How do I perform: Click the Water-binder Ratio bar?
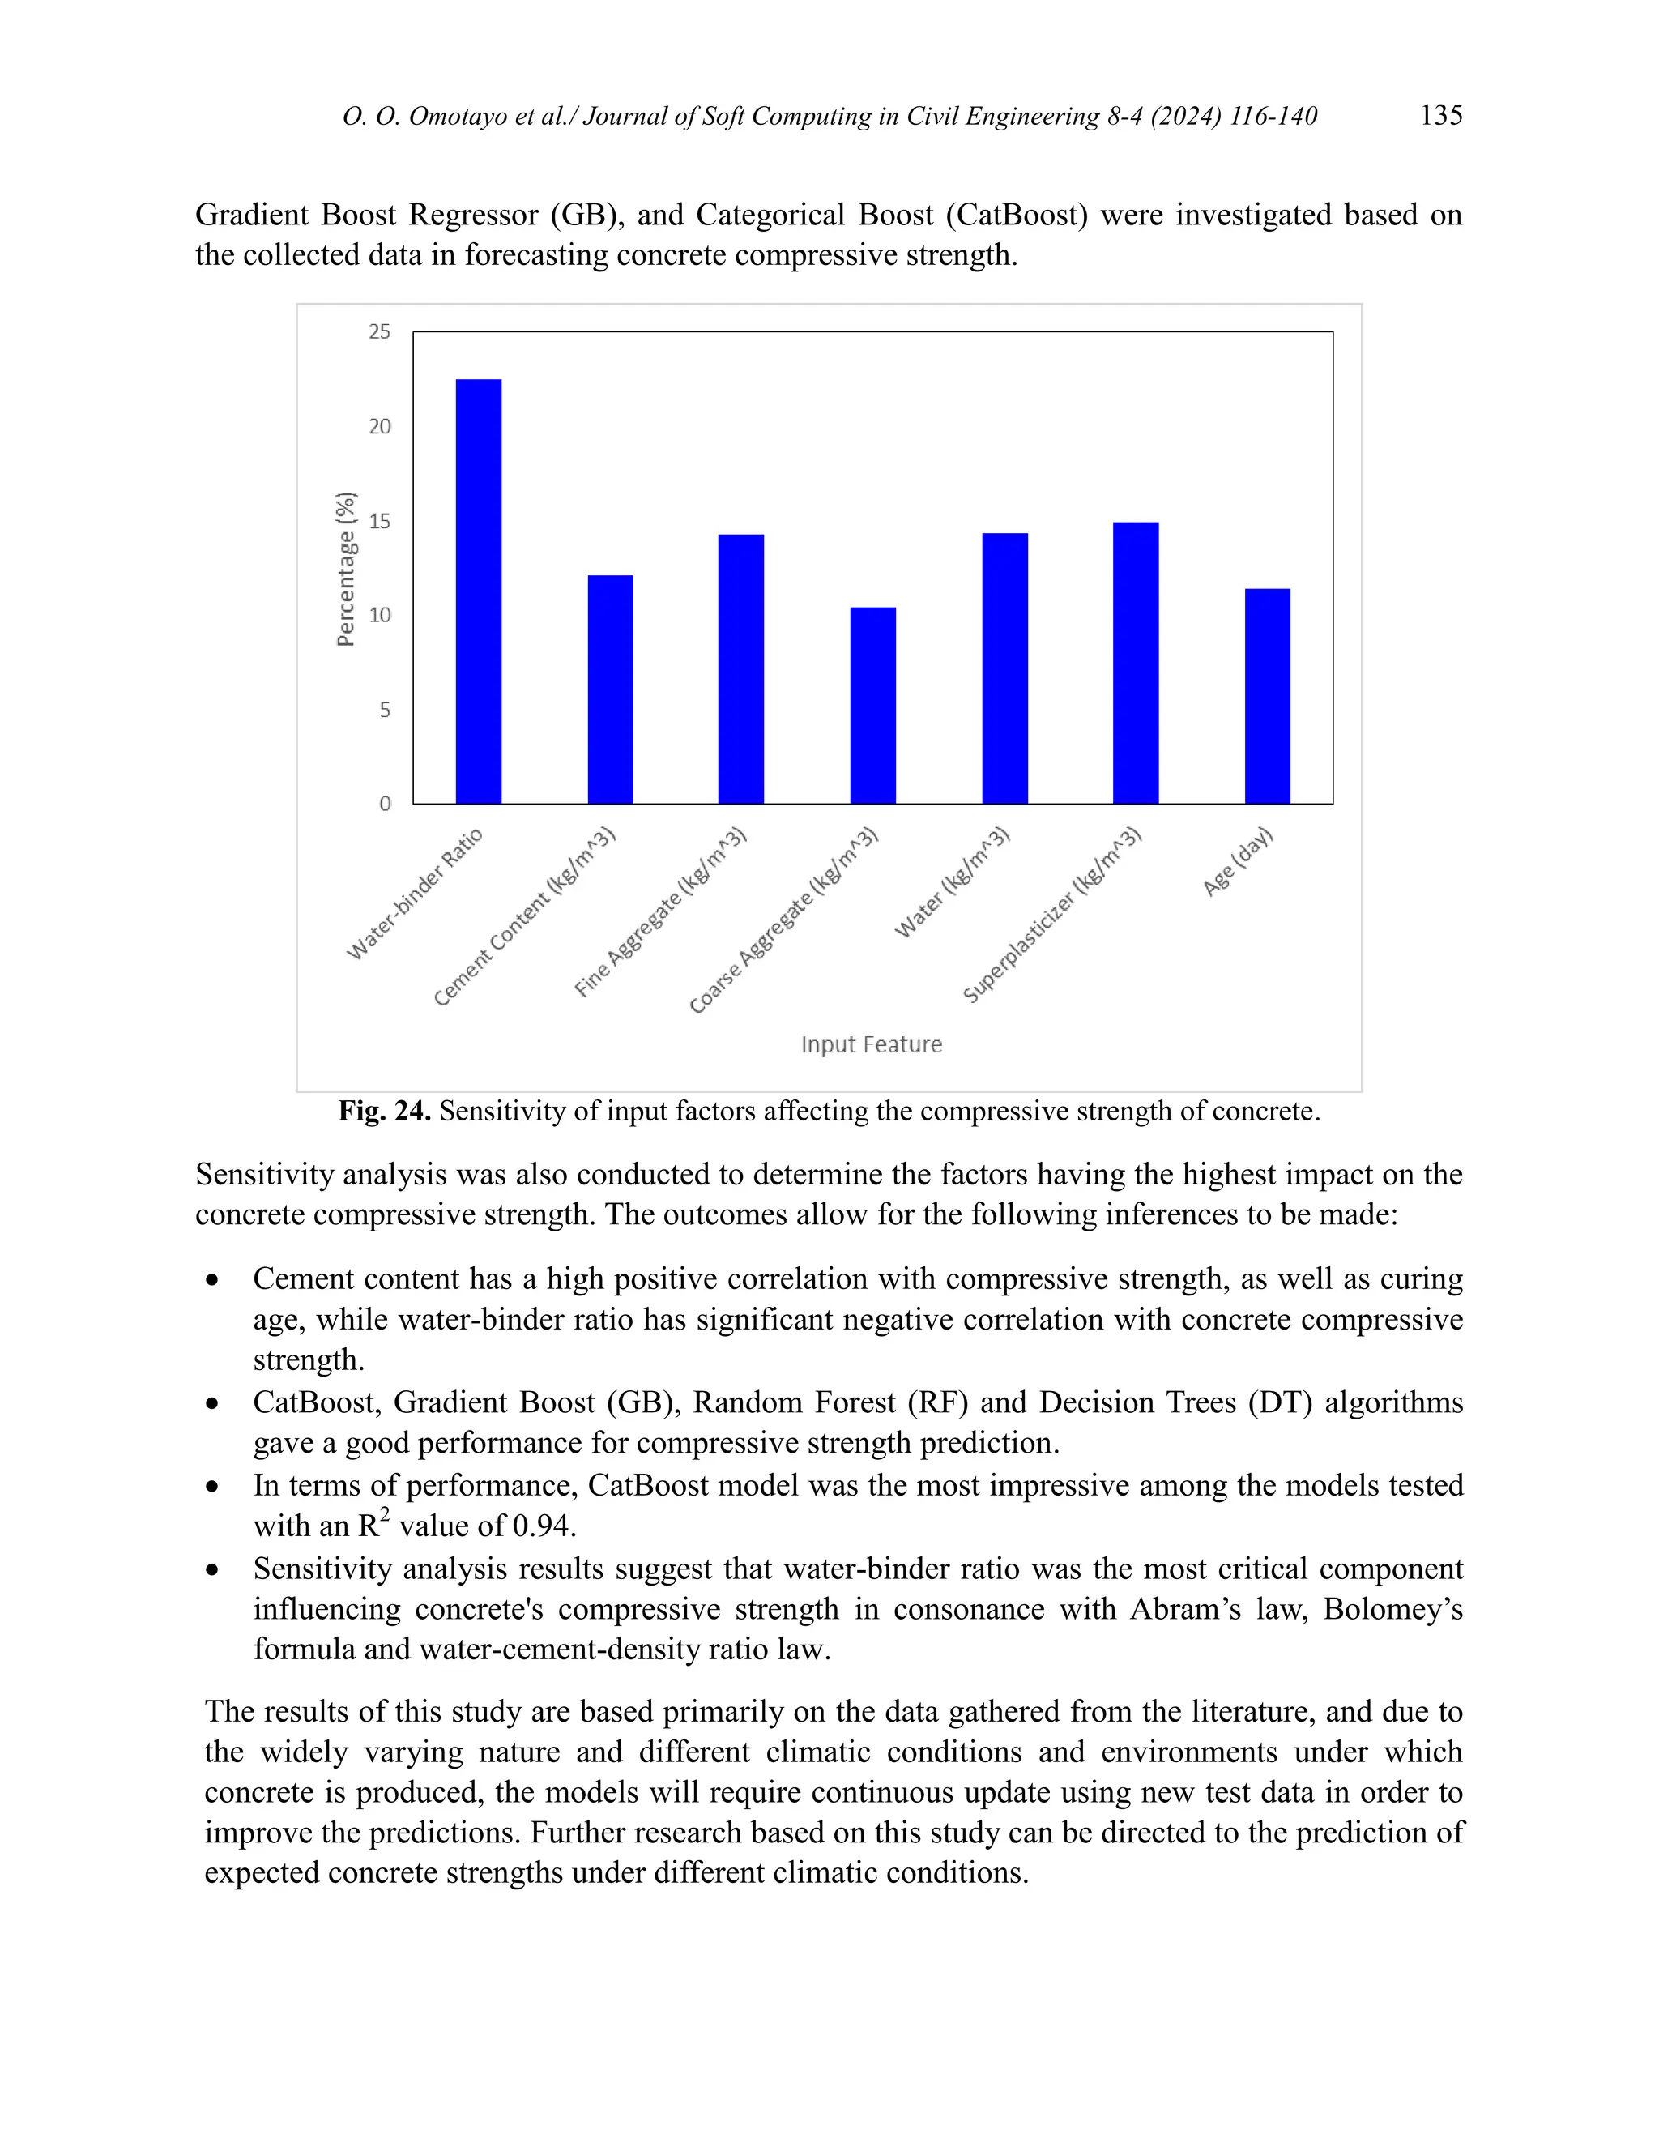[x=479, y=591]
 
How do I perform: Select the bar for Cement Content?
[x=610, y=689]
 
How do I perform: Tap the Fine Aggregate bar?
[x=741, y=668]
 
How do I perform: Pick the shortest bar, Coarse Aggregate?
[x=872, y=705]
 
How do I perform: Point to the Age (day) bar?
[x=1267, y=696]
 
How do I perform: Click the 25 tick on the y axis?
[x=379, y=332]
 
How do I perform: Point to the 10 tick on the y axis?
[x=379, y=616]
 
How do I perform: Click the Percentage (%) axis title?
[x=345, y=570]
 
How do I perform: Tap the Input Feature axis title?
[x=871, y=1044]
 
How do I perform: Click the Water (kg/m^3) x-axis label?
[x=951, y=883]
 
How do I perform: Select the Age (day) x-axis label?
[x=1239, y=861]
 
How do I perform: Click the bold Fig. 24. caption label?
[x=384, y=1112]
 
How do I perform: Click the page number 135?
[x=1441, y=115]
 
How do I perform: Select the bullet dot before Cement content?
[x=212, y=1281]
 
